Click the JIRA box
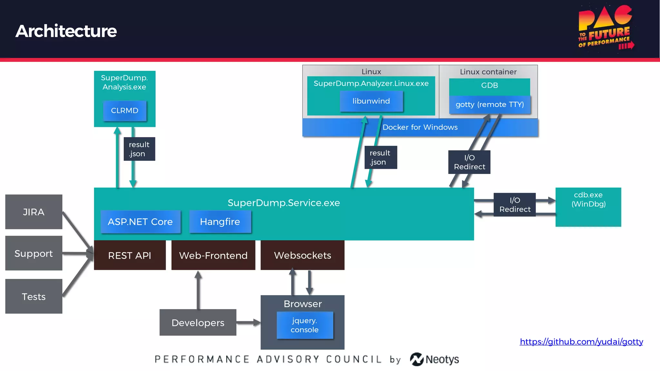point(34,212)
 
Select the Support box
point(34,253)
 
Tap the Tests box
point(34,296)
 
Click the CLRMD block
point(125,110)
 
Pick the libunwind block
point(371,101)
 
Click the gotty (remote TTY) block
point(490,105)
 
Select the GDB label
point(490,86)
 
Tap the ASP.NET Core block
point(140,222)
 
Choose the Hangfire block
point(220,222)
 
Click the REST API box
point(130,255)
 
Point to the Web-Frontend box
point(213,255)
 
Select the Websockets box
point(302,255)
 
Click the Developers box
point(198,323)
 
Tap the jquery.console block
point(305,325)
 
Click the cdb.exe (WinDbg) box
point(588,207)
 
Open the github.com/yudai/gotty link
point(581,342)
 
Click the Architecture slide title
point(66,31)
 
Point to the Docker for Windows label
point(420,128)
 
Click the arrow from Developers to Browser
point(248,322)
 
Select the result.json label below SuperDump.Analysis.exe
point(139,149)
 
